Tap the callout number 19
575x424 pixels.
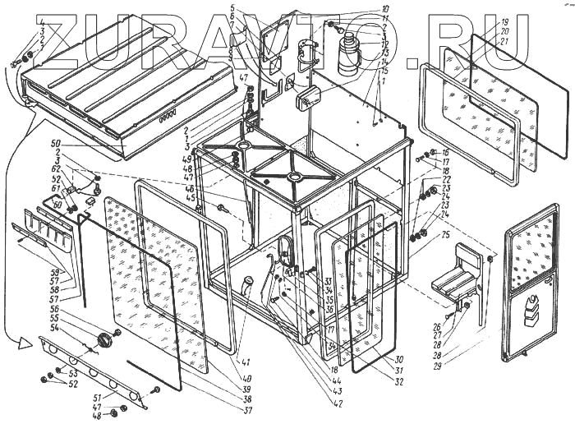coord(505,22)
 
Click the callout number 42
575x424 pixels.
coord(338,403)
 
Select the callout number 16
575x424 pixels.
coord(444,152)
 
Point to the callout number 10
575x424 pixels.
coord(385,10)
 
